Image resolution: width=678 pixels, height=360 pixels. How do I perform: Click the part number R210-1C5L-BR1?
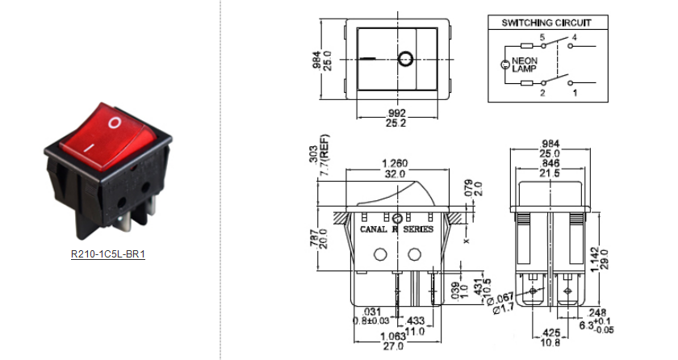[107, 254]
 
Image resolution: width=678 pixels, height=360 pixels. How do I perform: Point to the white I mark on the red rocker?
[91, 149]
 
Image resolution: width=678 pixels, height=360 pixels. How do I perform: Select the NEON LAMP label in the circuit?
[524, 65]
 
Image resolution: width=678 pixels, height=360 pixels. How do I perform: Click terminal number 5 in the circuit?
[542, 38]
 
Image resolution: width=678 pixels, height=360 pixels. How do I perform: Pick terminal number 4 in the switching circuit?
[574, 38]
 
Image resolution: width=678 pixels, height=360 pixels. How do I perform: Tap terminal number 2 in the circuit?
[542, 94]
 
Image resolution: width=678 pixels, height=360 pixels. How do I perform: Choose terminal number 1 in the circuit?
[575, 94]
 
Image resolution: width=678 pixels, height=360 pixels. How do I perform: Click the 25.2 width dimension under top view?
[396, 123]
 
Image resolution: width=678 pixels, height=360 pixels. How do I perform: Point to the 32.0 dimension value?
[395, 174]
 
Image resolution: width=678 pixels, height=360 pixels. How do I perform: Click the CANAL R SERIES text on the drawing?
[396, 229]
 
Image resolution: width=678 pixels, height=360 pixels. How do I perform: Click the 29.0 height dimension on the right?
[603, 259]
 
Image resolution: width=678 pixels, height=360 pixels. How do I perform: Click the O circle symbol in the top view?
[404, 59]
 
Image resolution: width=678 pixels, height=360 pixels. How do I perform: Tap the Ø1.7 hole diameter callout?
[488, 307]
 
